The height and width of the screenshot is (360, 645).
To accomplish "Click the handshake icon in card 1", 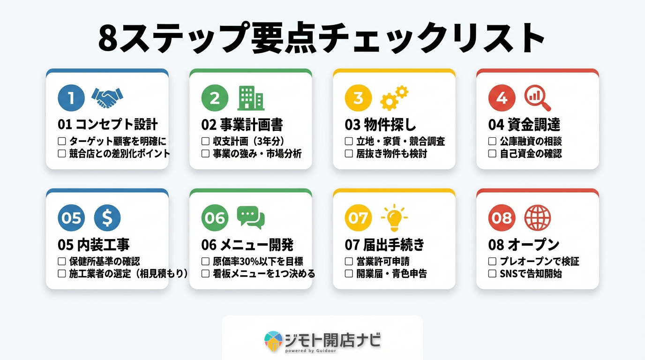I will point(107,98).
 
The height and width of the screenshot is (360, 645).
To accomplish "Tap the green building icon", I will point(251,98).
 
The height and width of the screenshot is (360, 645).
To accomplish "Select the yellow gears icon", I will point(394,98).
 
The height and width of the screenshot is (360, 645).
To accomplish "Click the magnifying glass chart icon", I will point(537,98).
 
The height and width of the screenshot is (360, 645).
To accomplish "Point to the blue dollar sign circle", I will point(107,218).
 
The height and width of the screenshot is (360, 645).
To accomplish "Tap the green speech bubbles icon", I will point(251,218).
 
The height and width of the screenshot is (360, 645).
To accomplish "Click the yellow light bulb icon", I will point(394,217).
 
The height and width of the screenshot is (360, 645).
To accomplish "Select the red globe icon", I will point(537,218).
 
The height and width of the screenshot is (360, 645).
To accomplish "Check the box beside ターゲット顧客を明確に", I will point(61,141).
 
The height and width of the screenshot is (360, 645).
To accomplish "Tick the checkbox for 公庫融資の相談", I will point(492,141).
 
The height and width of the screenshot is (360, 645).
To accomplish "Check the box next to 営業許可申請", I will point(348,262).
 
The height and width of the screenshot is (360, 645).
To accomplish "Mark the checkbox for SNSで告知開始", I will point(492,274).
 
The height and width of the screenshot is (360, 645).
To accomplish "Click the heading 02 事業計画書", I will point(242,125).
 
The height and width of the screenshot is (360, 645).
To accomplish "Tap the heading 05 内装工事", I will point(93,245).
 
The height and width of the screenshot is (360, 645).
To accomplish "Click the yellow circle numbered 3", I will point(358,98).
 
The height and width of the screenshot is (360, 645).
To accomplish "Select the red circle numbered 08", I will point(502,218).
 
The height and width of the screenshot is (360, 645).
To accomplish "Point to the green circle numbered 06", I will point(215,218).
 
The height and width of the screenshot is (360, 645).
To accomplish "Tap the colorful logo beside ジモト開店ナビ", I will point(273,341).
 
